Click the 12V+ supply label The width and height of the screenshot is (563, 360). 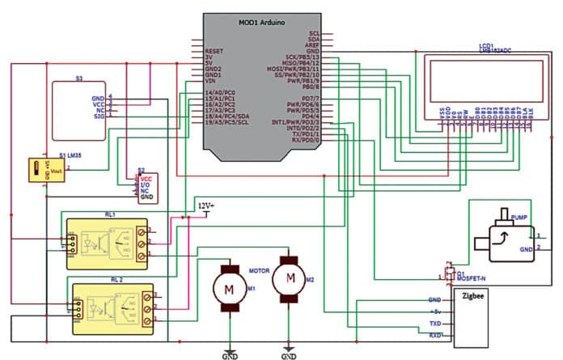tap(206, 206)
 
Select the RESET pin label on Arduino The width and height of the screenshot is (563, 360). tap(214, 50)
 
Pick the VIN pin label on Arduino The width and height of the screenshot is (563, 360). tap(210, 82)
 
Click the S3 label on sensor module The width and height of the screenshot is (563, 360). tap(78, 79)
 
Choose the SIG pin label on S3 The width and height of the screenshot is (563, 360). tap(99, 117)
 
